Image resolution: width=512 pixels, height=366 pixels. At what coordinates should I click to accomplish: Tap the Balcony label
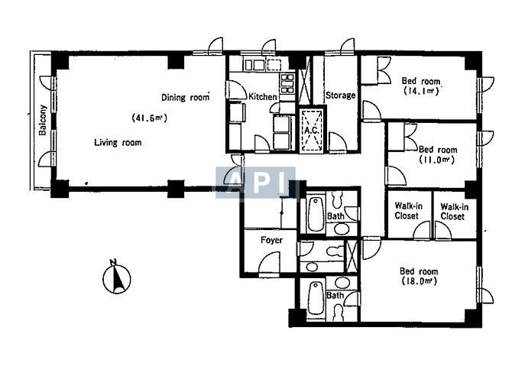pos(43,120)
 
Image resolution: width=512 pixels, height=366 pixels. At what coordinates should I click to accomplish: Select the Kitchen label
pos(263,96)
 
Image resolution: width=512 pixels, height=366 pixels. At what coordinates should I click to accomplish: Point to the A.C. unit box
pos(312,130)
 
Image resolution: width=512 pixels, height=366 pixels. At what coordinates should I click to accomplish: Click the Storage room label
pos(340,96)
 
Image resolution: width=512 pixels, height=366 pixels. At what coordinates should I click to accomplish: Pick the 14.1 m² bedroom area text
pos(421,91)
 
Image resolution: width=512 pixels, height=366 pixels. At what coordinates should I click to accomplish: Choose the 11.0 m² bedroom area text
pos(436,160)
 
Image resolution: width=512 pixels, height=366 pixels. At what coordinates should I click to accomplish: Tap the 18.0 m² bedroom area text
pos(419,280)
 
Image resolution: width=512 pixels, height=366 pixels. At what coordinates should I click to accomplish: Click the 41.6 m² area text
pos(149,118)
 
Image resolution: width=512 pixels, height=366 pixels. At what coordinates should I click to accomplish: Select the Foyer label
pos(271,240)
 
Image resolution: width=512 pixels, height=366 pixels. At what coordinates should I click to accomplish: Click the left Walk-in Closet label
pos(408,211)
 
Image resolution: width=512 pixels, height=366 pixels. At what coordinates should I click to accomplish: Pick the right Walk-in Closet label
pos(454,212)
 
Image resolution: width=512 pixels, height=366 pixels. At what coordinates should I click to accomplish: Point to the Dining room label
pos(185,97)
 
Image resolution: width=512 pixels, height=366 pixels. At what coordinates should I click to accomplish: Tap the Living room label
pos(118,143)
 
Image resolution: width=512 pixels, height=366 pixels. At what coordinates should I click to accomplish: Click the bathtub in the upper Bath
pos(316,214)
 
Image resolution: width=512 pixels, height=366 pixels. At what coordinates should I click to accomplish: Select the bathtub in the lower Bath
pos(316,298)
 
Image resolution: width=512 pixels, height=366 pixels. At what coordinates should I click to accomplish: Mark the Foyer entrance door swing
pos(270,263)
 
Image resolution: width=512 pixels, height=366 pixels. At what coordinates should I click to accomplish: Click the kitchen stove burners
pos(287,83)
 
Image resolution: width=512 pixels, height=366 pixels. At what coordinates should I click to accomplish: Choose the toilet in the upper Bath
pos(337,199)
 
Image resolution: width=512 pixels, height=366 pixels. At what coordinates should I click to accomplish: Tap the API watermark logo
pos(255,182)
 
